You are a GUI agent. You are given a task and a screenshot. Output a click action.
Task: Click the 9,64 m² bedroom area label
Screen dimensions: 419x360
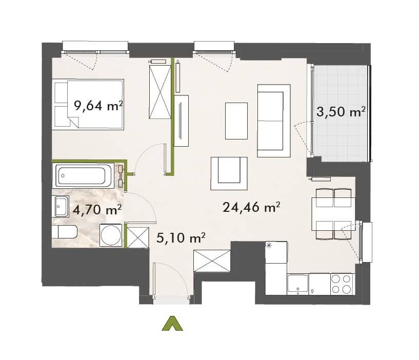[98, 106]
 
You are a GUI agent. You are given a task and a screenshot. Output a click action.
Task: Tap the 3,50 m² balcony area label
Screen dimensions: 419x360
[341, 111]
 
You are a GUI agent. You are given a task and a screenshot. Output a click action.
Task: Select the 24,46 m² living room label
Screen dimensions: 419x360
[251, 207]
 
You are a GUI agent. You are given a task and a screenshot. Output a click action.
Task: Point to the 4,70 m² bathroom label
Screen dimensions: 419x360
[97, 210]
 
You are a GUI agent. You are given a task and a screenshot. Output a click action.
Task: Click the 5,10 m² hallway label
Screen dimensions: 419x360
[181, 237]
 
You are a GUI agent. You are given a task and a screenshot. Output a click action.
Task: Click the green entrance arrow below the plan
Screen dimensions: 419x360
[172, 324]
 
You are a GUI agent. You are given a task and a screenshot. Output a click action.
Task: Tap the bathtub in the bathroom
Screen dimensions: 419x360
[84, 175]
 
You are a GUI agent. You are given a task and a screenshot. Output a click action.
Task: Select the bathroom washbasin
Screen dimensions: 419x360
[62, 206]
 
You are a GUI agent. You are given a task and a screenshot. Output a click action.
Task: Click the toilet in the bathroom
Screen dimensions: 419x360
[65, 232]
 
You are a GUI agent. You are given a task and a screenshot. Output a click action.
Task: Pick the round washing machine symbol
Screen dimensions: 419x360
[111, 235]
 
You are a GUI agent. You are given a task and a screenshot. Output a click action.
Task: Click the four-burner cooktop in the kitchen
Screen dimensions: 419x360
[341, 284]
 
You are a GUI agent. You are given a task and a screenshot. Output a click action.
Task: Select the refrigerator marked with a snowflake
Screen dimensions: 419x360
[276, 252]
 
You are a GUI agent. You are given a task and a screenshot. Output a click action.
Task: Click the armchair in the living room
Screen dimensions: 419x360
[229, 173]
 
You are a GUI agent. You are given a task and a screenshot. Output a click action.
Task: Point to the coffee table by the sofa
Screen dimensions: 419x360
[236, 121]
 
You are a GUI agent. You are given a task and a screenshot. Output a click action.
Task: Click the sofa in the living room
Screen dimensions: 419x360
[274, 121]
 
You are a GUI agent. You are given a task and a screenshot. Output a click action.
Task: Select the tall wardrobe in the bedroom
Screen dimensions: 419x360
[160, 92]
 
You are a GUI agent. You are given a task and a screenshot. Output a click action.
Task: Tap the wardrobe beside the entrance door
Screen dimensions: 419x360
[212, 261]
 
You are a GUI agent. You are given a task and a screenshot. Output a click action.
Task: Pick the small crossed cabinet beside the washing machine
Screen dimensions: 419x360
[138, 237]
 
